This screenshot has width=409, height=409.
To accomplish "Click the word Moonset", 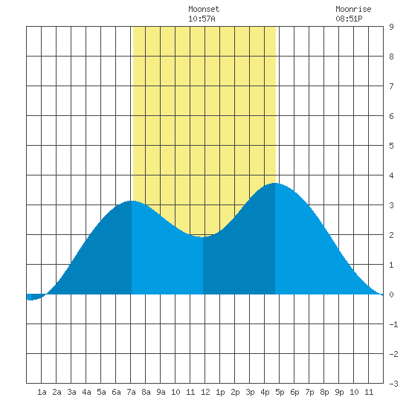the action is (204, 9).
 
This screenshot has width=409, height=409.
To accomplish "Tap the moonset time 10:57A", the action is (202, 19).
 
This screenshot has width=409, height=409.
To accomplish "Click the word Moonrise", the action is (353, 9).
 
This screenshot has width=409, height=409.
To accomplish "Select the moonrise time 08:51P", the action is (349, 19).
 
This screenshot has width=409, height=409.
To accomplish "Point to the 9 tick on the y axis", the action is (391, 27).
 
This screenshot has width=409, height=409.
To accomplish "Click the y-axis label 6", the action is (391, 116).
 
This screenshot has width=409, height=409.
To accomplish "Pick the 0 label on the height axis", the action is (391, 294).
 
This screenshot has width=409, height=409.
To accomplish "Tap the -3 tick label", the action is (393, 384).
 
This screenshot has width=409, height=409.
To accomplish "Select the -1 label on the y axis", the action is (393, 324).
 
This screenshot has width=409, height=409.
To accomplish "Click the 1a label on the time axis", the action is (42, 392).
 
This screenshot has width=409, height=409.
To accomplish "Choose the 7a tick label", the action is (131, 392).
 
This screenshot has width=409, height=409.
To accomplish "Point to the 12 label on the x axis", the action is (205, 392).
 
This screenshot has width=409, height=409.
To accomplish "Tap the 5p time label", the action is (280, 392).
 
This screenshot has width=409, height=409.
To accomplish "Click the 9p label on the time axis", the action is (339, 392).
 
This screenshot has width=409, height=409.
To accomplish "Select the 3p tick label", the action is (250, 392).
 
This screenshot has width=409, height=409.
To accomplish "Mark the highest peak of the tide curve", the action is (275, 183).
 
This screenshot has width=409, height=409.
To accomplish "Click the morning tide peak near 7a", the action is (132, 201).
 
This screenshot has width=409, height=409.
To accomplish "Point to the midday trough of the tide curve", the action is (203, 236).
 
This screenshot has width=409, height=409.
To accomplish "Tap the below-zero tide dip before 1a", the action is (30, 300).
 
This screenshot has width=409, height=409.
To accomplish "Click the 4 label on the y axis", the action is (391, 175).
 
